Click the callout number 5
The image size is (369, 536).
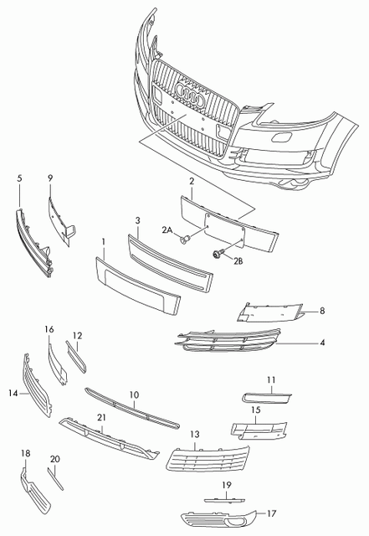click(x=20, y=178)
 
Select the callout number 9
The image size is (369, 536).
click(x=49, y=178)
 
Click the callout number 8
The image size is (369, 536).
click(x=321, y=312)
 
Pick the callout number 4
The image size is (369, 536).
click(x=321, y=343)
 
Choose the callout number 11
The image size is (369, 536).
click(x=271, y=380)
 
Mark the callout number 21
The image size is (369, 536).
click(x=101, y=416)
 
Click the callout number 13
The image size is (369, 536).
click(x=194, y=435)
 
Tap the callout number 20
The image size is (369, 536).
click(x=55, y=459)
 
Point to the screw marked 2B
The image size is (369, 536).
click(x=219, y=254)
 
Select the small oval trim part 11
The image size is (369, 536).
click(x=265, y=396)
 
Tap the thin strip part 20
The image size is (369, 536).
click(x=56, y=480)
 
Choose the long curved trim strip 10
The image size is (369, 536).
click(x=131, y=407)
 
